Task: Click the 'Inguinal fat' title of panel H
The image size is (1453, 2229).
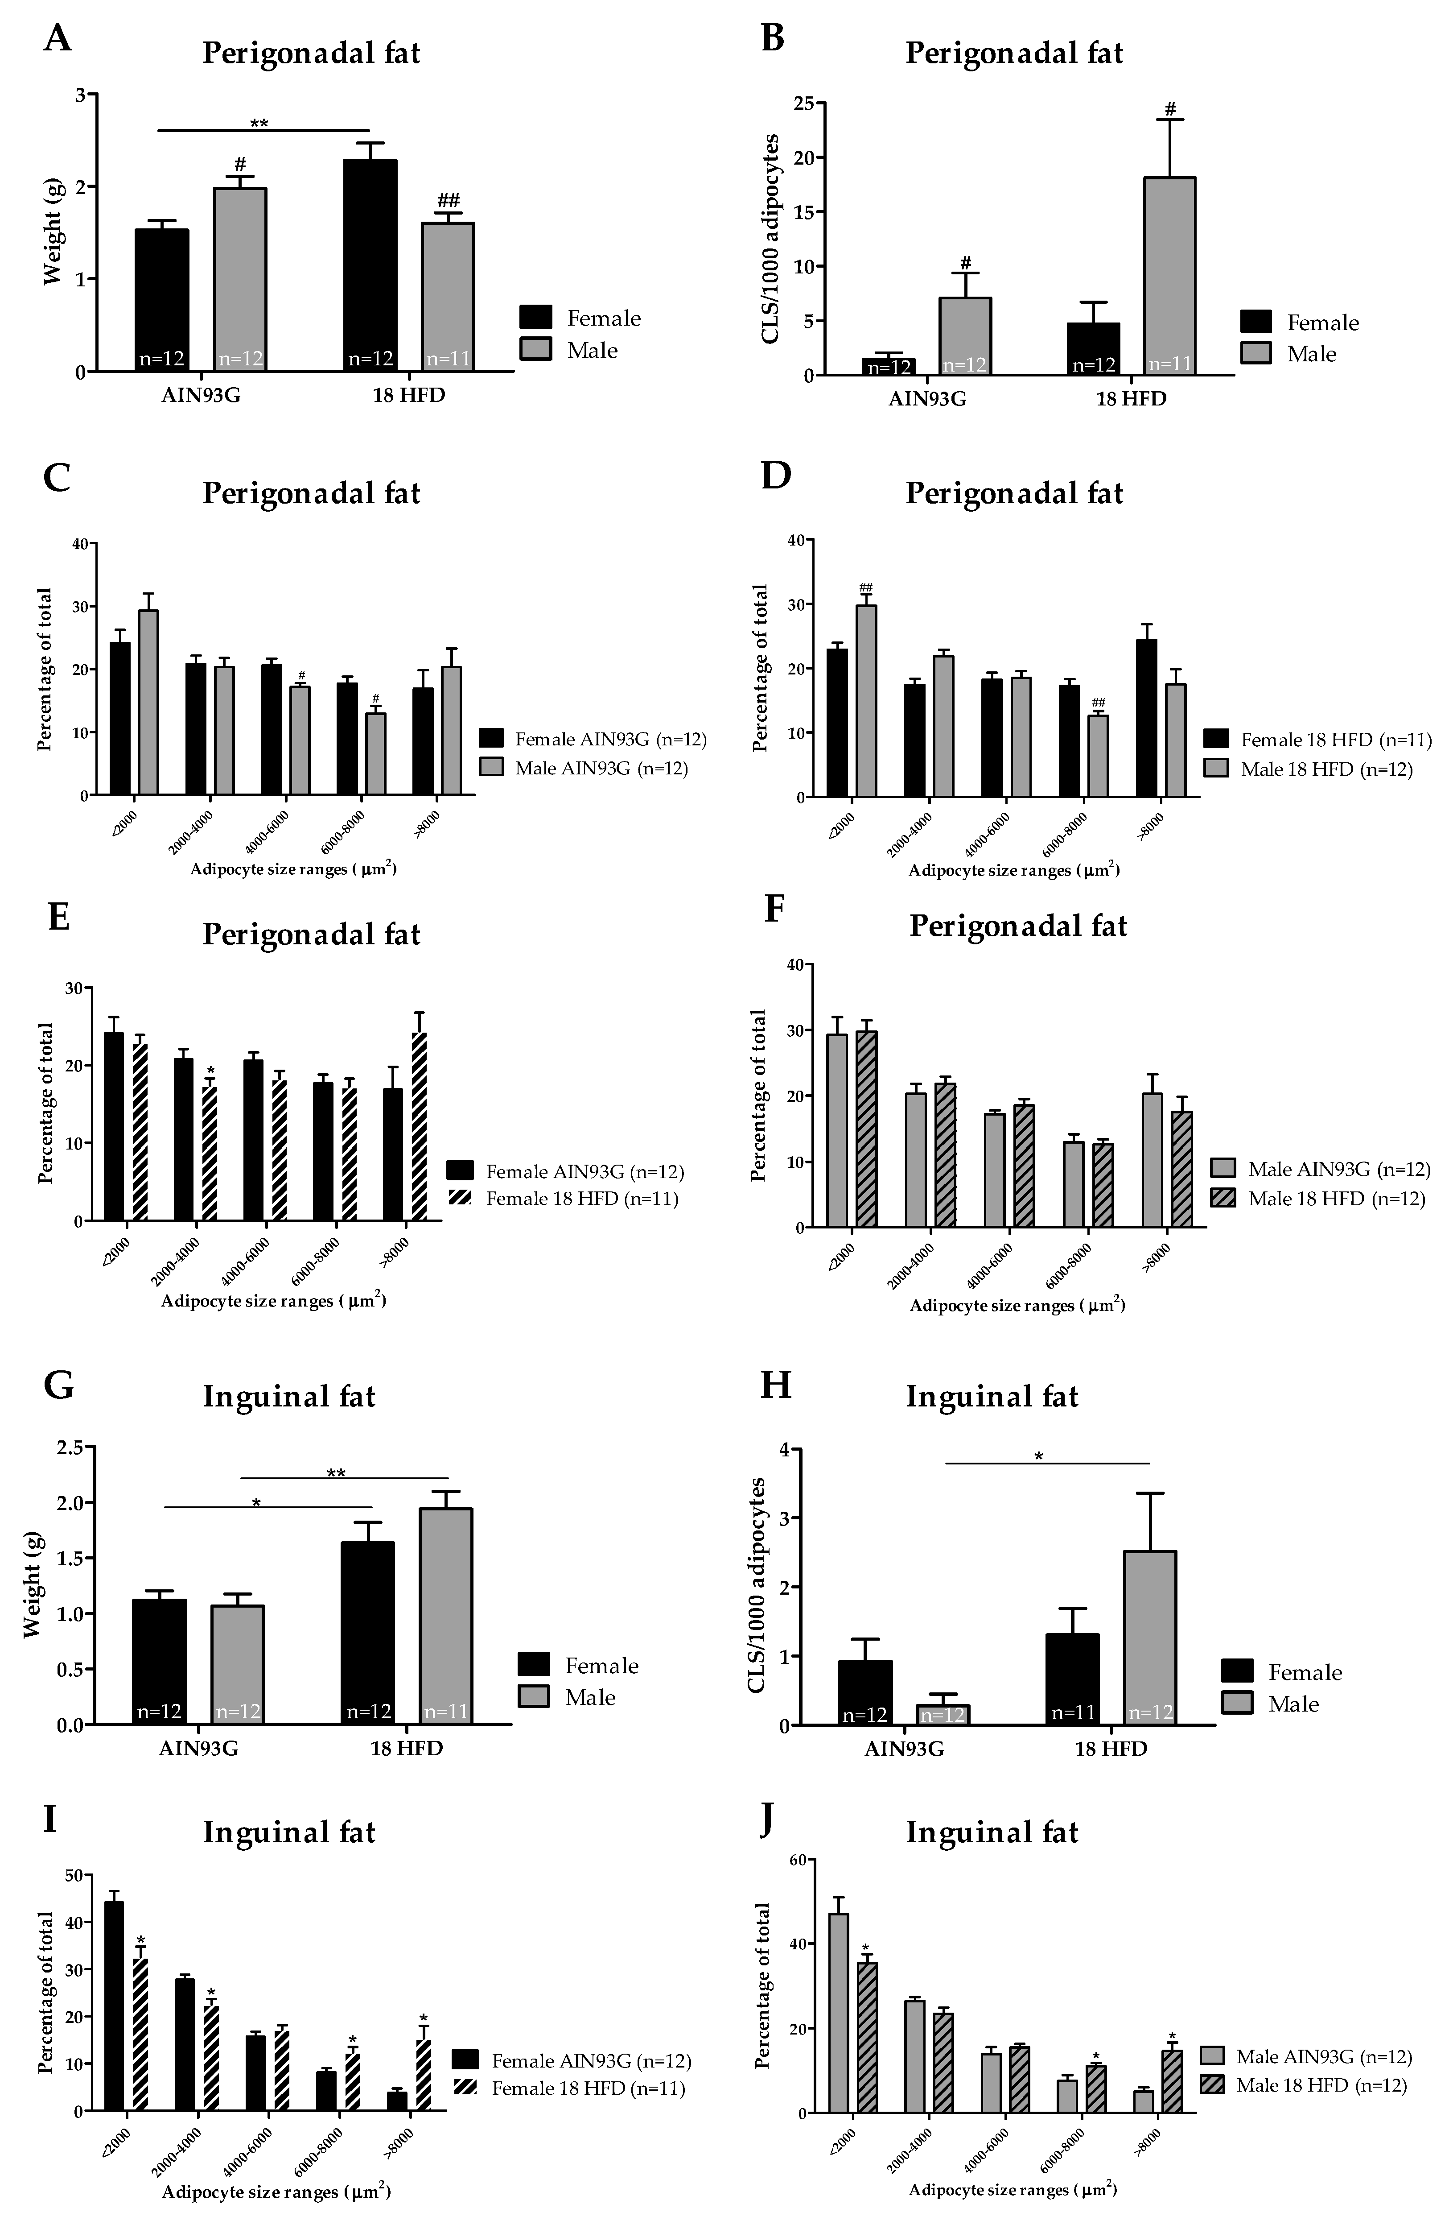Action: pyautogui.click(x=992, y=1396)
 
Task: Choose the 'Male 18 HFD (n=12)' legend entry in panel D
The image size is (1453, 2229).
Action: pyautogui.click(x=1325, y=769)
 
